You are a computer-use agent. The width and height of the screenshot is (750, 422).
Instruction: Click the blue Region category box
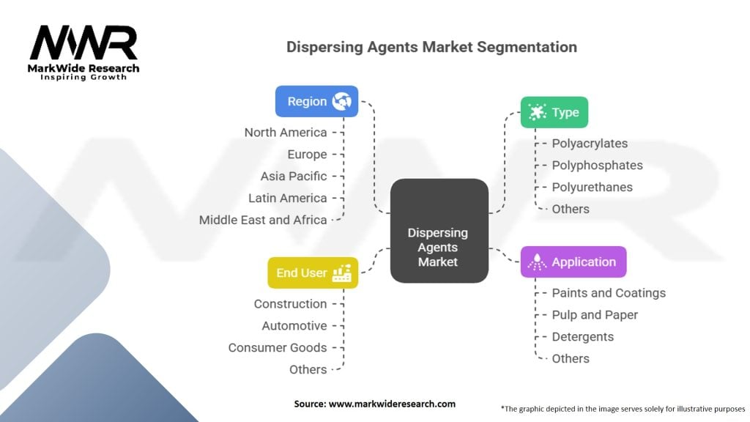pyautogui.click(x=316, y=101)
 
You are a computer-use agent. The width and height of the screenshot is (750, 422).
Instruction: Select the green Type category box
pyautogui.click(x=554, y=112)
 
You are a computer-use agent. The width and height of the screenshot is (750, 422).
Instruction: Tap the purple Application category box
pyautogui.click(x=573, y=262)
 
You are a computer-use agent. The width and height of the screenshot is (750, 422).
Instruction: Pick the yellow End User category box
pyautogui.click(x=313, y=273)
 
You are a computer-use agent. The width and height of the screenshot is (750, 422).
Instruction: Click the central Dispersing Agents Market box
pyautogui.click(x=439, y=231)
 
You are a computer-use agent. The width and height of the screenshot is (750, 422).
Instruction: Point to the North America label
pyautogui.click(x=286, y=133)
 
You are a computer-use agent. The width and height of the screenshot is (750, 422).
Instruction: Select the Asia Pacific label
pyautogui.click(x=294, y=177)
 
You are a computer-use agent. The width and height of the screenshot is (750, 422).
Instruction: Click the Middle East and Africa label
pyautogui.click(x=263, y=220)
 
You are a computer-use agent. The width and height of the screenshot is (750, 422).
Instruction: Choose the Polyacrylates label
pyautogui.click(x=590, y=144)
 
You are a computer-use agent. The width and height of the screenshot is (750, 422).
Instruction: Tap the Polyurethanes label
pyautogui.click(x=592, y=187)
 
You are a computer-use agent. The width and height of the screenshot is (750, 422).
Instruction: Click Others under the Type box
pyautogui.click(x=571, y=209)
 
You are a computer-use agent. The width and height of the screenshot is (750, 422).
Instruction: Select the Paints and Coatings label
pyautogui.click(x=609, y=293)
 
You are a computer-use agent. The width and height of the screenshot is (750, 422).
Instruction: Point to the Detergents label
pyautogui.click(x=582, y=337)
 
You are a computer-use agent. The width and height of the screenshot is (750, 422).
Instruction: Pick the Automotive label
pyautogui.click(x=294, y=326)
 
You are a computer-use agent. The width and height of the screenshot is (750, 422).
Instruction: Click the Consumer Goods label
pyautogui.click(x=278, y=348)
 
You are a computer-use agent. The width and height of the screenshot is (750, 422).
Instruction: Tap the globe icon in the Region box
pyautogui.click(x=342, y=101)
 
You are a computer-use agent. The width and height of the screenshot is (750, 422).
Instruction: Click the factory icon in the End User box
pyautogui.click(x=342, y=273)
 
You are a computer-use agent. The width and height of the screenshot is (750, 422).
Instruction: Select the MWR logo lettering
pyautogui.click(x=83, y=42)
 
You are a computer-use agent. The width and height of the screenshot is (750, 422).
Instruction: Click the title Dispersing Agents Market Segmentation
pyautogui.click(x=431, y=47)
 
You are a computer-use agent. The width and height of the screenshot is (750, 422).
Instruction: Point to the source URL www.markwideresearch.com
pyautogui.click(x=393, y=404)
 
